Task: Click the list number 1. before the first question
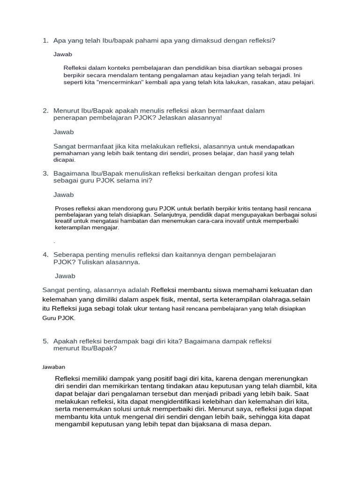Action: (x=45, y=41)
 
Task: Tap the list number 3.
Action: (x=45, y=173)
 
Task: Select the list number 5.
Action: (x=45, y=341)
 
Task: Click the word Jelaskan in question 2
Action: (x=173, y=118)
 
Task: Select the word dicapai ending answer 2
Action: (x=64, y=160)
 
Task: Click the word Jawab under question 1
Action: (x=63, y=54)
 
